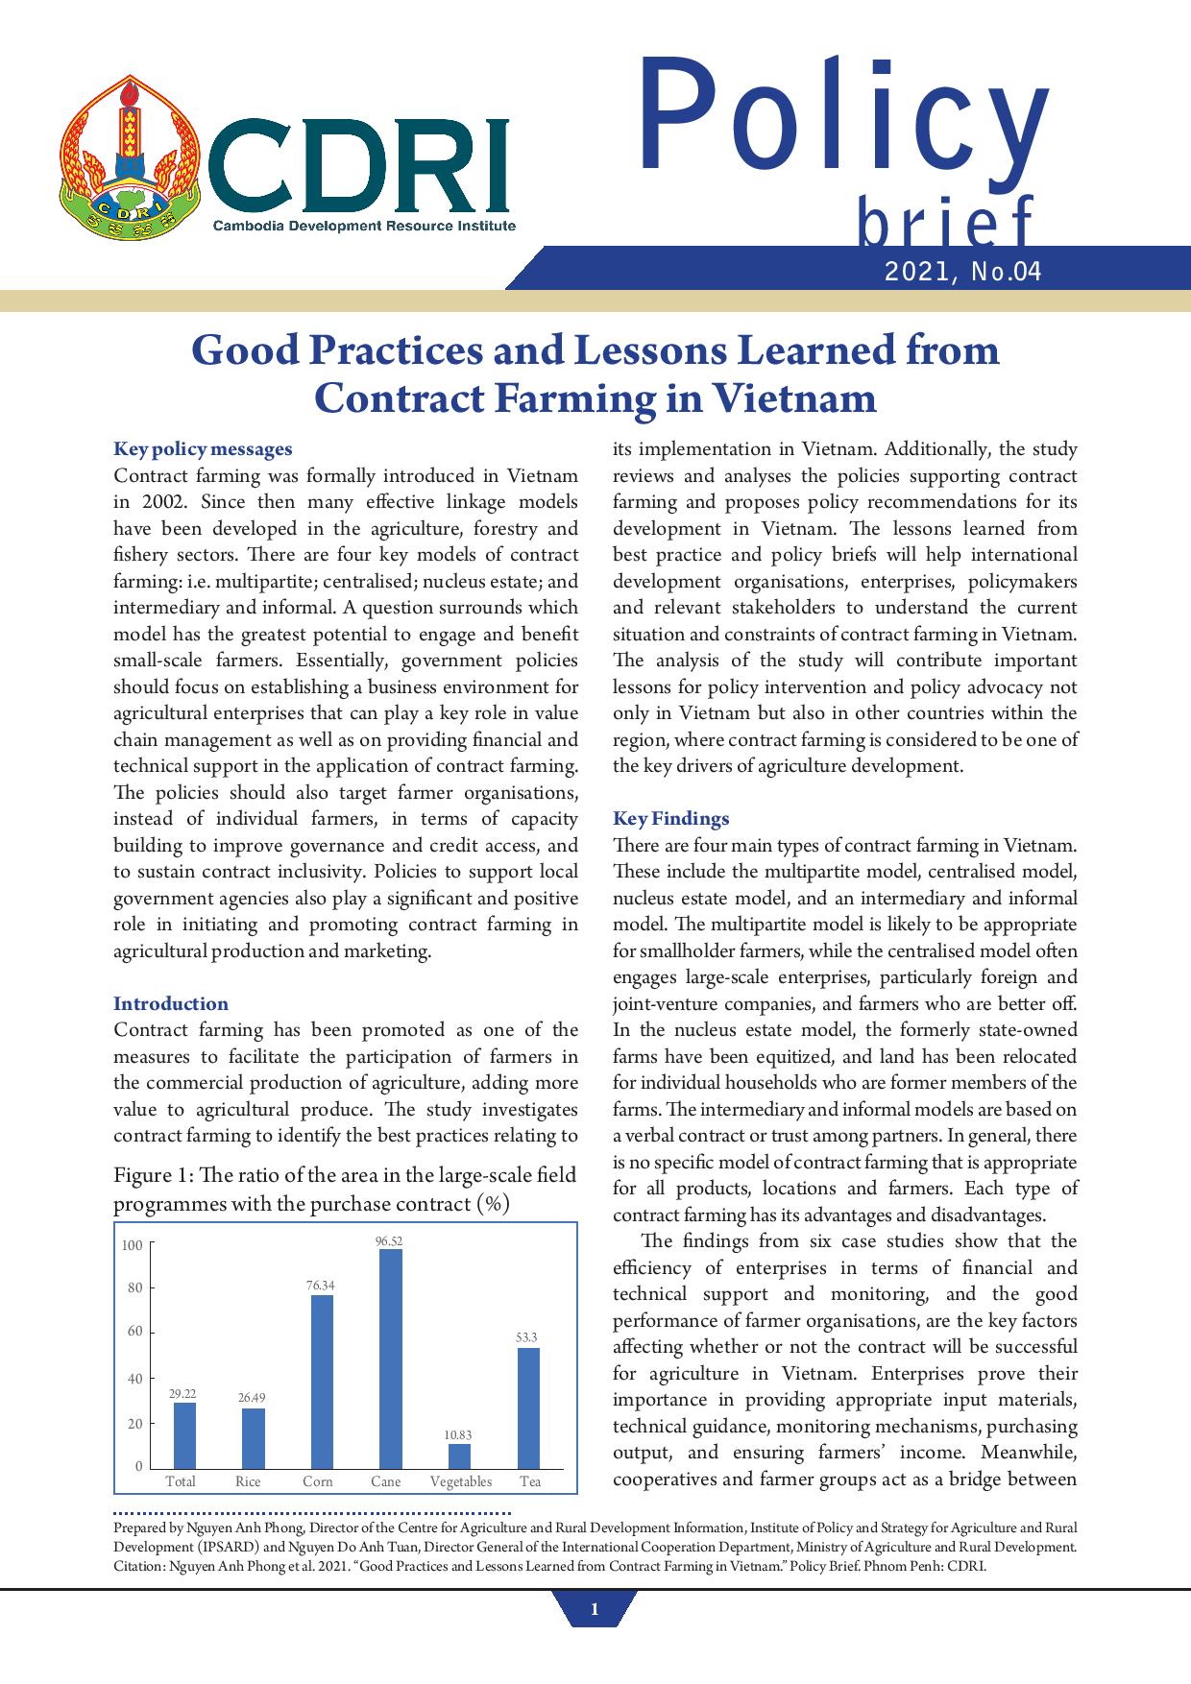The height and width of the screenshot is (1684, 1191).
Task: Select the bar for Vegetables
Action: coord(459,1456)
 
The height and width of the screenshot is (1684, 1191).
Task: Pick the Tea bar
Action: coord(528,1407)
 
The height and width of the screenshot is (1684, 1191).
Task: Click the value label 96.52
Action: coord(388,1241)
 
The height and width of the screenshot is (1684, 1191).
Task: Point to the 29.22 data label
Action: coord(182,1392)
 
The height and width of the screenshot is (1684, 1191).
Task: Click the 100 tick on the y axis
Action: coord(132,1245)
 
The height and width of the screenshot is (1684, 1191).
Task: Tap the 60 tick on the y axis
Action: coord(134,1332)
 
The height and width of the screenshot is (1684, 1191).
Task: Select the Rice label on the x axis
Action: coord(248,1481)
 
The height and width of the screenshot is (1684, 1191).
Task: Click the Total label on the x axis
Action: coord(181,1481)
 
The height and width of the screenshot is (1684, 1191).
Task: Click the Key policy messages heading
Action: coord(203,448)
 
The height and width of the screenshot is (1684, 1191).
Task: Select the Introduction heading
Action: coord(171,1003)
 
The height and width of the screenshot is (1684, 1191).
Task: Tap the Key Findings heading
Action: coord(670,818)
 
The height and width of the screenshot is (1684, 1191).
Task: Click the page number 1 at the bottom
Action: coord(595,1610)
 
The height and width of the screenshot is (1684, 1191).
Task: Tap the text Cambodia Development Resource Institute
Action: coord(364,226)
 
